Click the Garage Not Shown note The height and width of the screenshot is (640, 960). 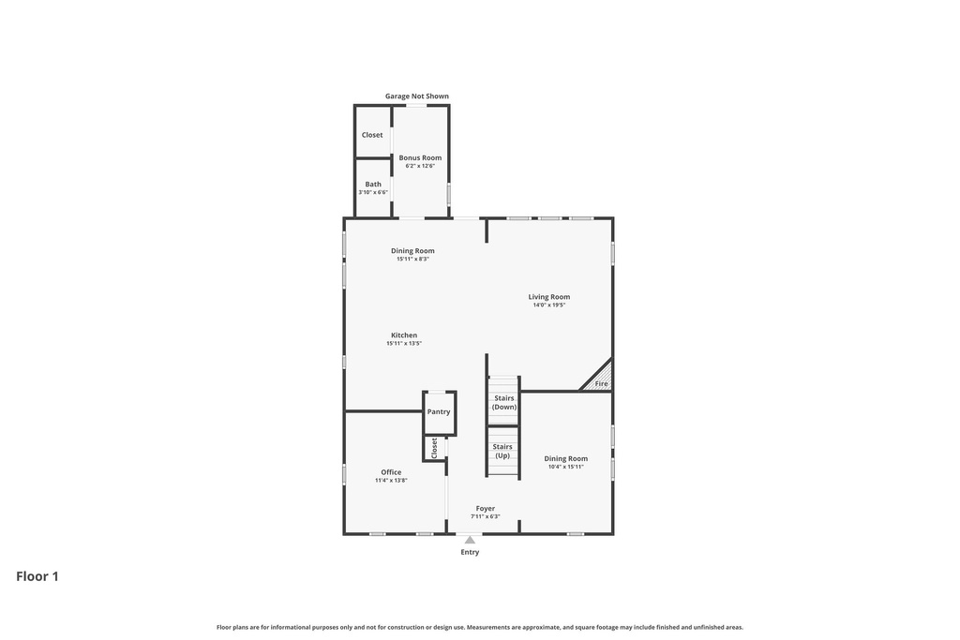416,96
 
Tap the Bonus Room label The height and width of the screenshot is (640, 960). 419,157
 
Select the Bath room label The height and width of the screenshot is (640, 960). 373,184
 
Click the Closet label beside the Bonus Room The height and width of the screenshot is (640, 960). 372,135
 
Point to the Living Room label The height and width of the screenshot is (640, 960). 548,297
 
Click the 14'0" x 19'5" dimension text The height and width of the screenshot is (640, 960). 548,305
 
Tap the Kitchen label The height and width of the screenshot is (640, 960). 404,335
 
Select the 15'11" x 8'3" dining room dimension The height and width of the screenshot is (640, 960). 412,260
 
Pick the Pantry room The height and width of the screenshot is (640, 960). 439,412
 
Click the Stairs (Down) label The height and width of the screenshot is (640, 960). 503,403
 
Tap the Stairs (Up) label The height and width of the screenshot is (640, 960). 502,451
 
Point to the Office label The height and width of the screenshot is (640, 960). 391,472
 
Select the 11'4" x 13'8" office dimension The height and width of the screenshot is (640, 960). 391,481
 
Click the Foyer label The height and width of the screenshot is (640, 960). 485,509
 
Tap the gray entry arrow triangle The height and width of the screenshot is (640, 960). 470,540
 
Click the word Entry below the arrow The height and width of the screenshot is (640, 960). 470,552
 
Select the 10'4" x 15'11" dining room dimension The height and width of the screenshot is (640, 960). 565,467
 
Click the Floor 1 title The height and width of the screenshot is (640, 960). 37,576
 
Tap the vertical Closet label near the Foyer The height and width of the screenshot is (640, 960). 434,448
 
